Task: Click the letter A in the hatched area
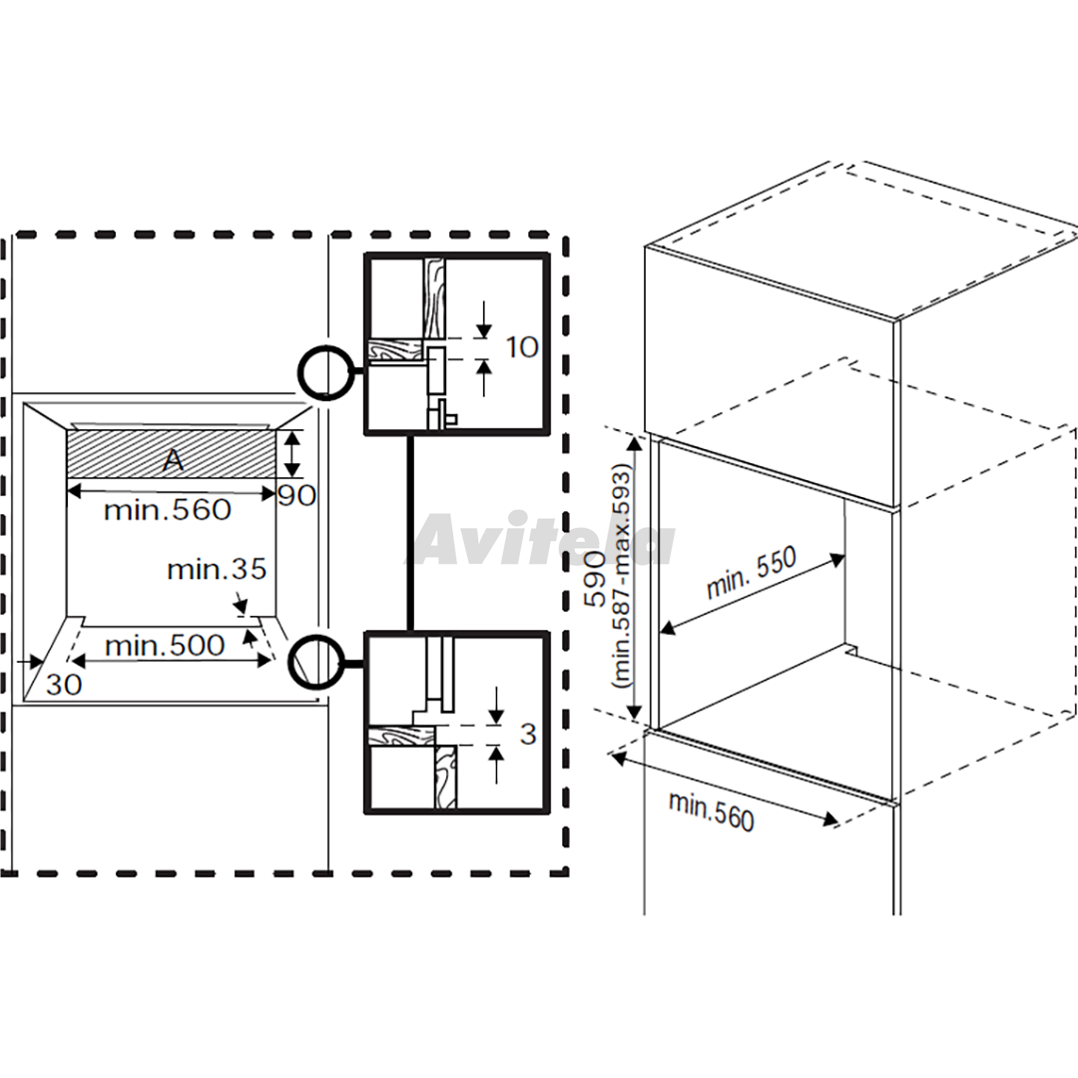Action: [174, 459]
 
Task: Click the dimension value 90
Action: [297, 496]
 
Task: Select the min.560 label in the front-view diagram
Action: [167, 510]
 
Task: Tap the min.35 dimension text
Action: [217, 569]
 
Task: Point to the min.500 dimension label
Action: [165, 646]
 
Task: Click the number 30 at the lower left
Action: [64, 685]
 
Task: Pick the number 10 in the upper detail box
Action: [522, 347]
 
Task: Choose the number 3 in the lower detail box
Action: [528, 735]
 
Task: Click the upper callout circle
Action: [327, 372]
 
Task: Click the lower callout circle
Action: [317, 663]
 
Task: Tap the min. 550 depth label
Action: [751, 573]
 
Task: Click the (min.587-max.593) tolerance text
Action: [623, 577]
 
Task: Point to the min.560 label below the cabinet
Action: [711, 811]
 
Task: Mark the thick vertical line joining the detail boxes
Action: [410, 533]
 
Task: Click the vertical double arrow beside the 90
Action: [292, 454]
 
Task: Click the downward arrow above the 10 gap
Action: [484, 319]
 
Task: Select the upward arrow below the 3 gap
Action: [496, 765]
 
